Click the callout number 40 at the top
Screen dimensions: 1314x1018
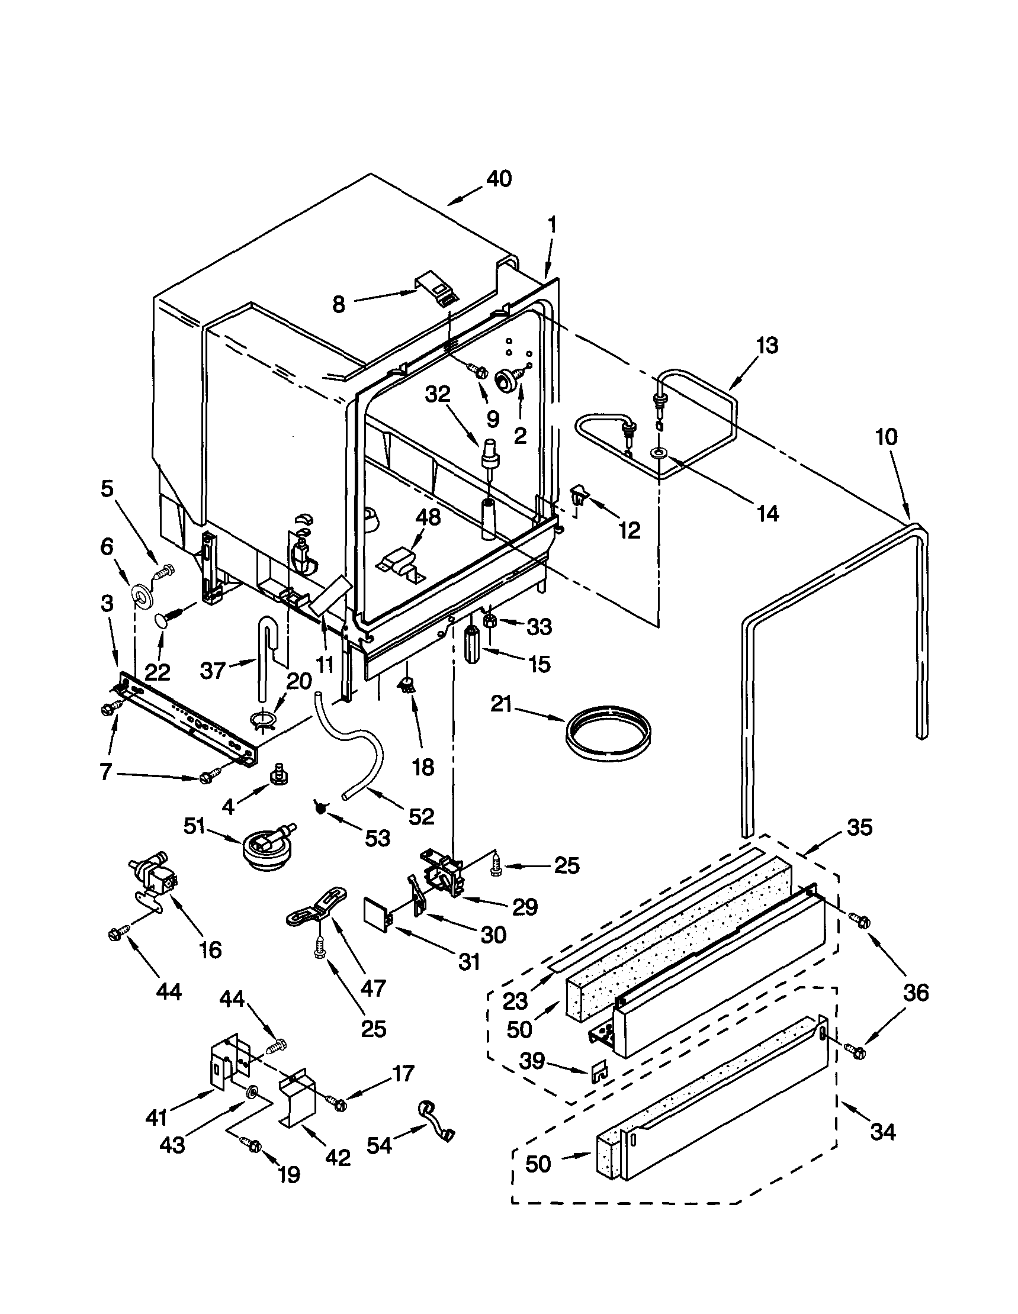pos(499,179)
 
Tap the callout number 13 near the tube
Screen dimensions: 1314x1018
pos(767,345)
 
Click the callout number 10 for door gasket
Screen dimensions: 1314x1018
pos(885,437)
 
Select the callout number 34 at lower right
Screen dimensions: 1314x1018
pos(883,1132)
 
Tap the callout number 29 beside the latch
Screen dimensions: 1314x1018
pos(524,907)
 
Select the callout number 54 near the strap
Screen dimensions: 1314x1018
pos(379,1146)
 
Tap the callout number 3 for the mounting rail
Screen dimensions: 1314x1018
pos(107,604)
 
